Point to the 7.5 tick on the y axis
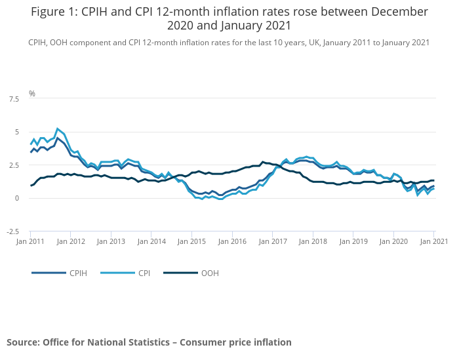coord(13,99)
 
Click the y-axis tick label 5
coord(16,132)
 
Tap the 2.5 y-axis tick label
coord(13,165)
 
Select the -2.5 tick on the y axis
coord(12,231)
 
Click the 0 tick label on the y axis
coord(16,199)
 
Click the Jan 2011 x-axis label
coord(30,241)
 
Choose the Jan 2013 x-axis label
coord(111,241)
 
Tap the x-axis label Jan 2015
coord(191,241)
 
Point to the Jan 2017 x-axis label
coord(272,241)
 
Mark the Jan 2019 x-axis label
coord(353,241)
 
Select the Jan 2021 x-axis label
coord(433,241)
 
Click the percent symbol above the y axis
coord(31,94)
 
